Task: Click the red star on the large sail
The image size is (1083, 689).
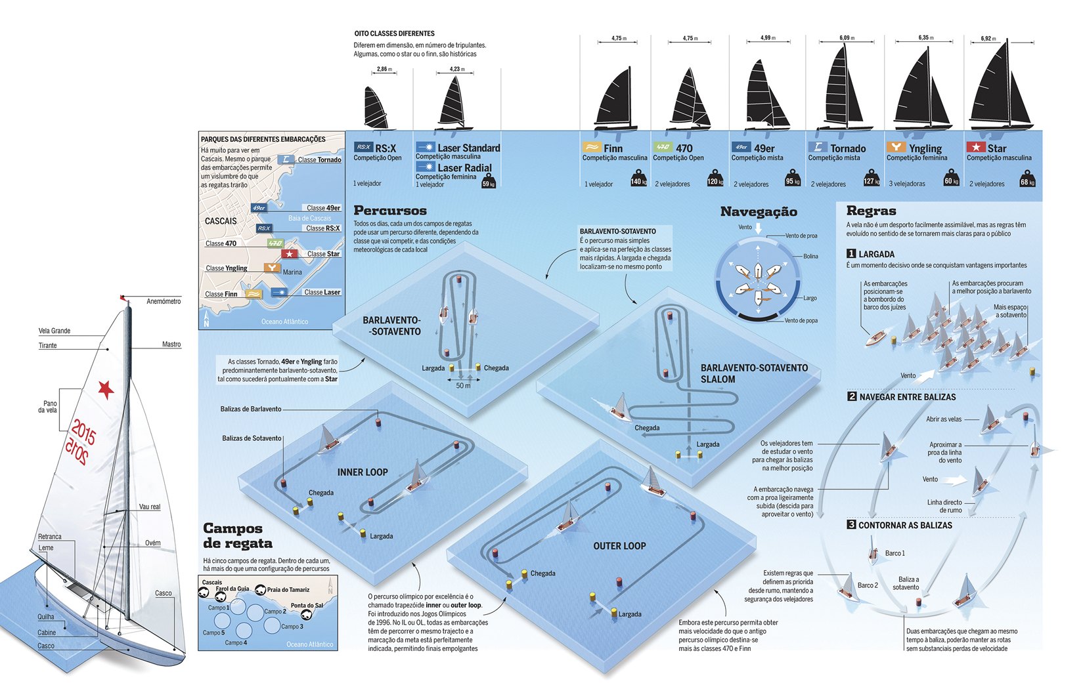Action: click(106, 389)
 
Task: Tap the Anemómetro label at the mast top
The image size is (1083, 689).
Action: click(164, 301)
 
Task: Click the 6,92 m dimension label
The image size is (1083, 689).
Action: click(989, 39)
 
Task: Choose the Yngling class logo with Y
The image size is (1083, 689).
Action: click(894, 148)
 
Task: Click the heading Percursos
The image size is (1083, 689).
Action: click(390, 211)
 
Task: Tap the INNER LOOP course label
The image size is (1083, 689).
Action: click(363, 472)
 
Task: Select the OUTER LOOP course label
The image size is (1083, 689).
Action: click(619, 546)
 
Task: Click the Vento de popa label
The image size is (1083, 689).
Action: click(801, 321)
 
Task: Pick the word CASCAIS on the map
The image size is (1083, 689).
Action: click(221, 221)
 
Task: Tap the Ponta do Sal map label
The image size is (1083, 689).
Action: click(307, 606)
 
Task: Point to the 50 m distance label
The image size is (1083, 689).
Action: click(463, 386)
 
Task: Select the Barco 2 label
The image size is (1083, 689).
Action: click(867, 585)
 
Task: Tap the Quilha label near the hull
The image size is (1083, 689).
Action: click(46, 617)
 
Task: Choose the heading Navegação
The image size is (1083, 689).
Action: click(759, 211)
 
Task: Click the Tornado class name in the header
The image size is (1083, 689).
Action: click(848, 149)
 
